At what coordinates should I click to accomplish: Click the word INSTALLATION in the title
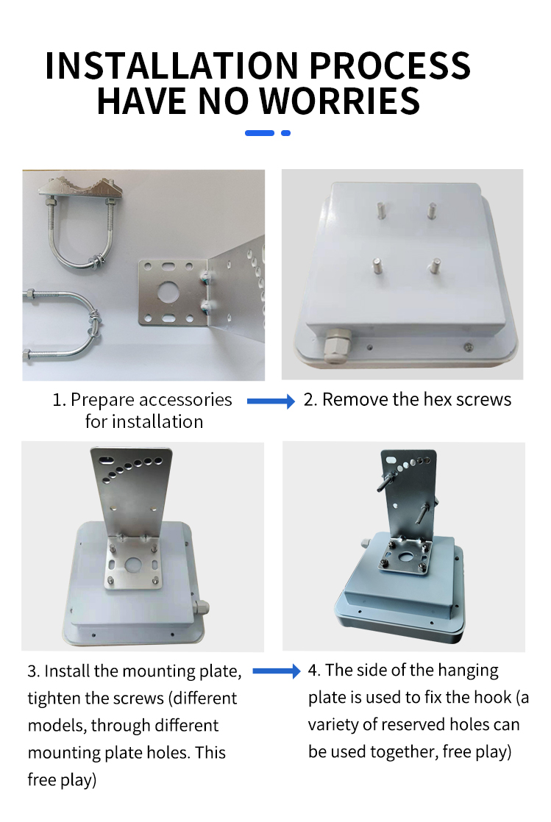point(171,65)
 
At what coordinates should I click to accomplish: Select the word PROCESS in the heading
point(390,65)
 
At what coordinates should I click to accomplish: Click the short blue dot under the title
point(286,133)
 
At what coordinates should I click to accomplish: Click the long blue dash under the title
point(260,133)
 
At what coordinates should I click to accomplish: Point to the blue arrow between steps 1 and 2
point(271,401)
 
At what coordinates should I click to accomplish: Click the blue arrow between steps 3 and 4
point(276,671)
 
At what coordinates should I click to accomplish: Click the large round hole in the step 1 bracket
point(170,291)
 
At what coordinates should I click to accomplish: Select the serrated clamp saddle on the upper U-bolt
point(81,189)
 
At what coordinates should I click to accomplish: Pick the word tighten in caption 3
point(53,698)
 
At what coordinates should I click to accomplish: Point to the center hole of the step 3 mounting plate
point(133,565)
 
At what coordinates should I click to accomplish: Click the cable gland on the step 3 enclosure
point(201,608)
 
